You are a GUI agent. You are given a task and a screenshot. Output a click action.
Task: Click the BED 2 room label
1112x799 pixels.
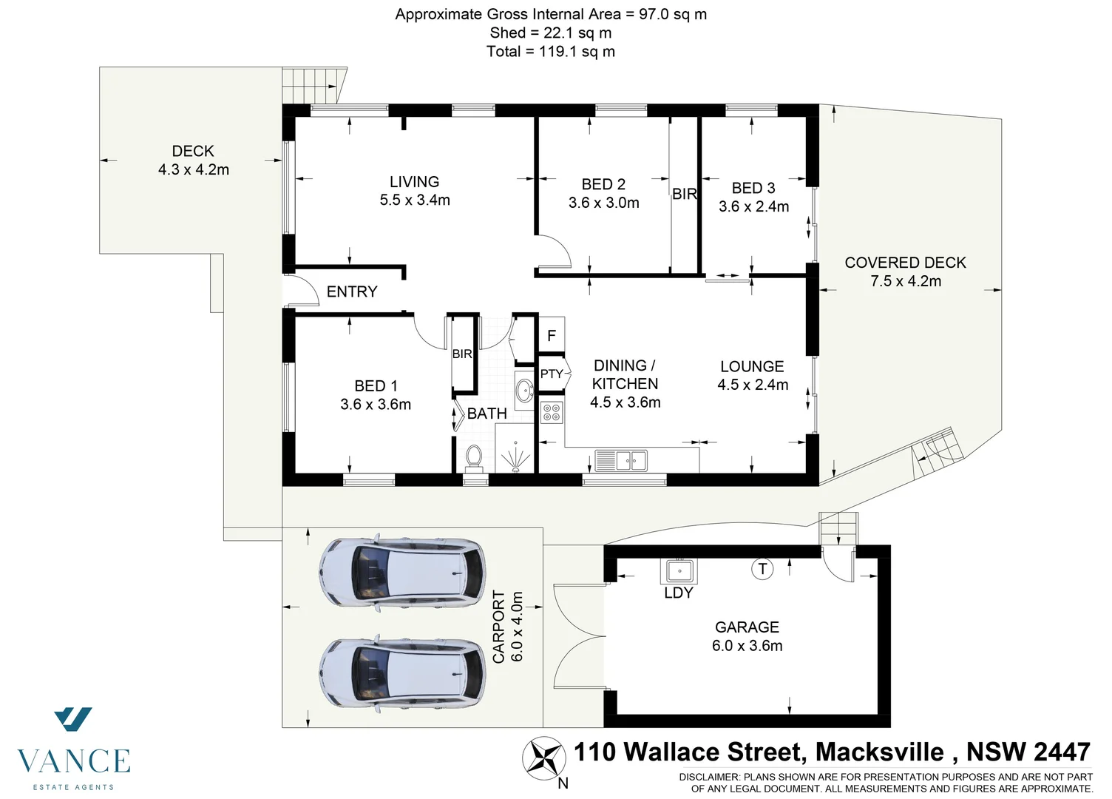point(603,184)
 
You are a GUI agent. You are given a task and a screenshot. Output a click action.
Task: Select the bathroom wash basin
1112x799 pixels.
point(524,390)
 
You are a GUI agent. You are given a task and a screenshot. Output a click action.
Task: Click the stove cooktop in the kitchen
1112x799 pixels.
point(552,412)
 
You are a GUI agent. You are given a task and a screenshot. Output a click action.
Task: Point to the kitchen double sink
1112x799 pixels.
point(621,460)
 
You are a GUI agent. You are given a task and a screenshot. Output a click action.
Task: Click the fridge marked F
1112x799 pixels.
point(552,336)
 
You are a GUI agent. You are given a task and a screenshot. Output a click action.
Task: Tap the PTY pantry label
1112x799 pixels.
point(552,374)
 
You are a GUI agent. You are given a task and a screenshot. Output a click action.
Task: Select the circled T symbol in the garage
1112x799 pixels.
point(762,569)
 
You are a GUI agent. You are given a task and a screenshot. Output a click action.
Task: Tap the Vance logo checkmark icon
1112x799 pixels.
point(73,719)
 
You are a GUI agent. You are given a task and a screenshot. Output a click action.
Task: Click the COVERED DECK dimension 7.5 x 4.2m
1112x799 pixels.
point(906,281)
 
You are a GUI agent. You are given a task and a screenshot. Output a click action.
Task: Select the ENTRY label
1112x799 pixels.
point(352,291)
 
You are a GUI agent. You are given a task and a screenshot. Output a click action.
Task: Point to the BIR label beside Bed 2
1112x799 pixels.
point(685,194)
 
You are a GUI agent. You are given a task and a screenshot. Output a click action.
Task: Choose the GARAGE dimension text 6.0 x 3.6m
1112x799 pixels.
point(747,646)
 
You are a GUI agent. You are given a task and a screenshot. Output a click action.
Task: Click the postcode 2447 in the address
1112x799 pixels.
point(1062,752)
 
